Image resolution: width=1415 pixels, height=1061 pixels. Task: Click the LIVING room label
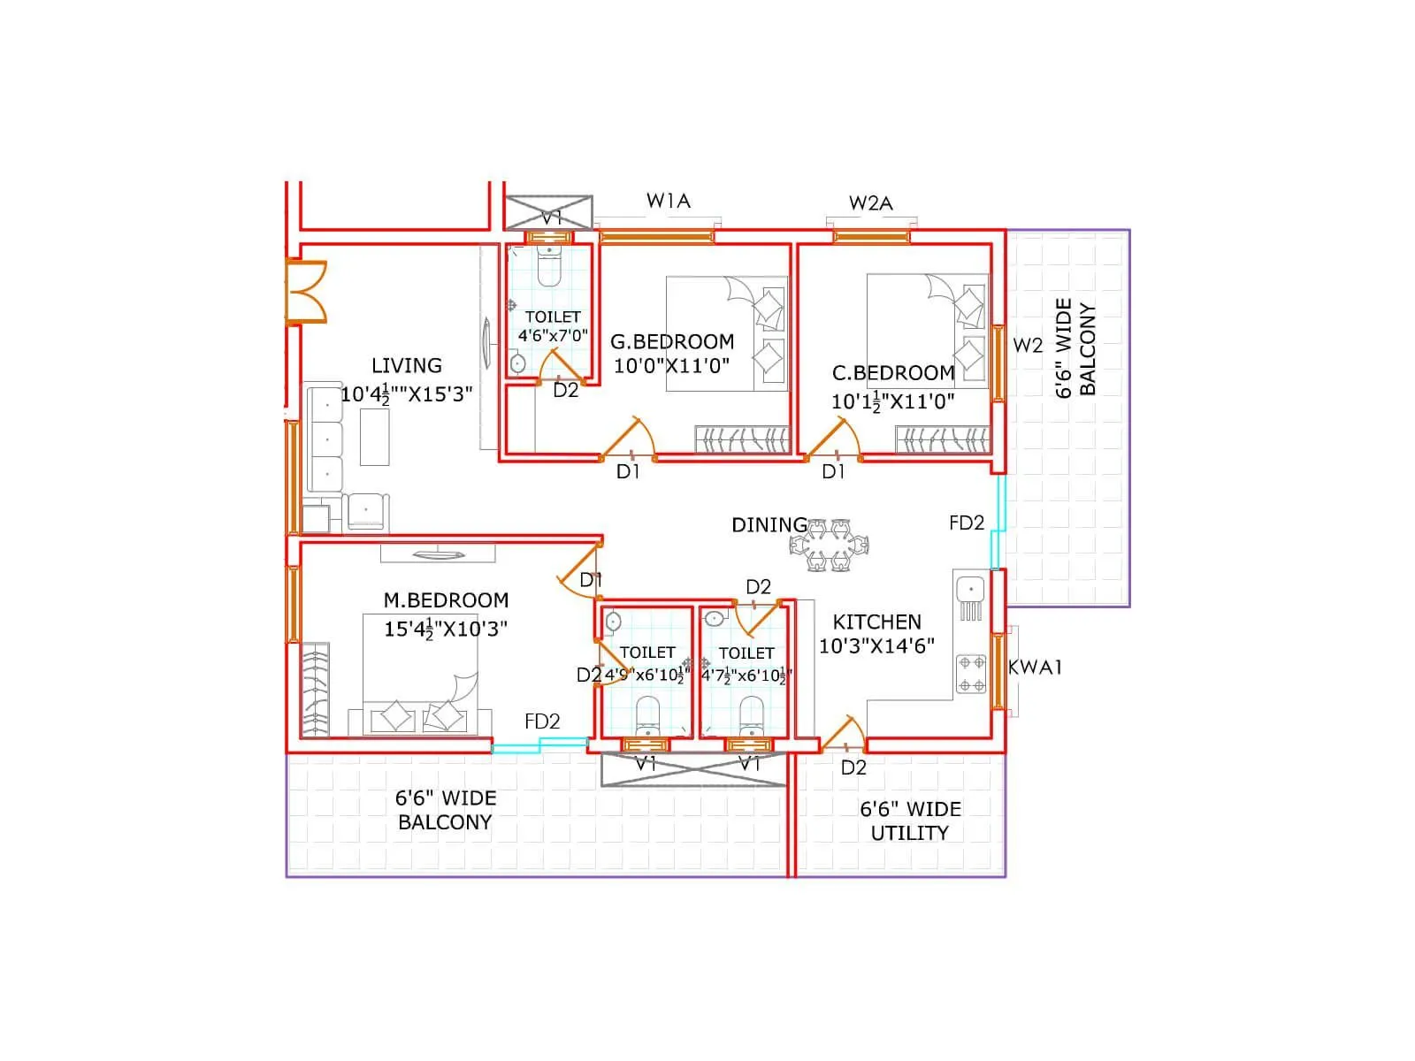pos(406,365)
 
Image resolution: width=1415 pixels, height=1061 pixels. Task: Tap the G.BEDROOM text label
pos(672,341)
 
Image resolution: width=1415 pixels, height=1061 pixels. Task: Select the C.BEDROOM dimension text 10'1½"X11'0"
pos(892,401)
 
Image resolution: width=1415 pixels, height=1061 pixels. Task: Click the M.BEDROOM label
pos(446,600)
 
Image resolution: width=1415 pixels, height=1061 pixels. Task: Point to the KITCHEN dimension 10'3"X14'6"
pos(876,646)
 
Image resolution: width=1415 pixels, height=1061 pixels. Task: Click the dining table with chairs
pos(830,546)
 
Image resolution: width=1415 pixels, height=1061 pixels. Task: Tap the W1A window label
pos(668,201)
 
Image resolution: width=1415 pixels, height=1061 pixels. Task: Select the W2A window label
pos(870,203)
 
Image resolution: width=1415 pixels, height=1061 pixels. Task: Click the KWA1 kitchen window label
pos(1035,668)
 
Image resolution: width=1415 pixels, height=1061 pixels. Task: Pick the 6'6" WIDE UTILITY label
pos(910,821)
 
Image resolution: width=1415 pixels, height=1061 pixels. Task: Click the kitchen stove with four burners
pos(971,674)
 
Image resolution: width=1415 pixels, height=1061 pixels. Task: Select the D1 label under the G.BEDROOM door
pos(628,472)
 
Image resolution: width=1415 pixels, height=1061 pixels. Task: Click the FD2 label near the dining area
pos(966,523)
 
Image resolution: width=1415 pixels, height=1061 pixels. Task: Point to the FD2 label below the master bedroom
pos(542,721)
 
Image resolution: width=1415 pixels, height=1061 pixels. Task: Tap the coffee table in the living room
pos(374,438)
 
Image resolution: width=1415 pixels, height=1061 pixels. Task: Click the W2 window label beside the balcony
pos(1028,346)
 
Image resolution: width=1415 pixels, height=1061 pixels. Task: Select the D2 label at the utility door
pos(853,767)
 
